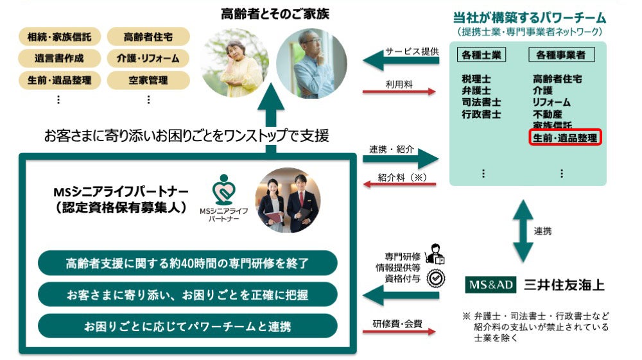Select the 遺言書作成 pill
tap(59, 58)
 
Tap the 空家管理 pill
tap(148, 80)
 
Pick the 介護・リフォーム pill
tap(148, 58)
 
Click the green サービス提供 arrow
tap(401, 61)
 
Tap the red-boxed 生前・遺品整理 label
tap(565, 137)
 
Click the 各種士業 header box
tap(483, 56)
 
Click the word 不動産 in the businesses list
tap(547, 114)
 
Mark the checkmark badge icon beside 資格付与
tap(437, 278)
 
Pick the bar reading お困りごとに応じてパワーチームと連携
tap(187, 326)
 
